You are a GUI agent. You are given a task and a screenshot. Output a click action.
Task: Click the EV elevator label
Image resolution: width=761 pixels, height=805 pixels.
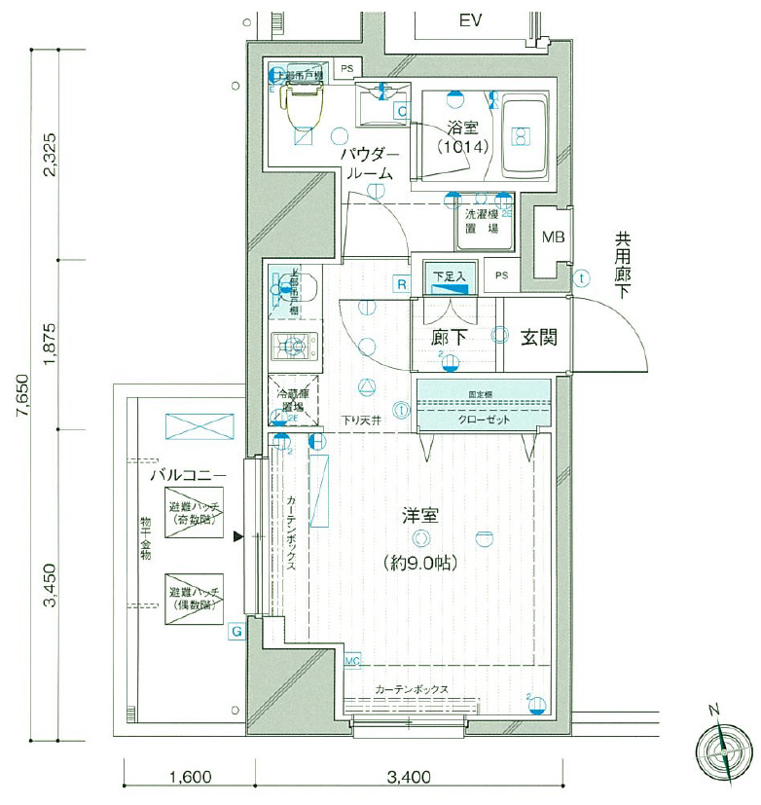click(x=471, y=20)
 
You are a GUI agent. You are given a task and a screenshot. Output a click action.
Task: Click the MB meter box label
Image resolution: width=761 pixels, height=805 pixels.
click(x=553, y=237)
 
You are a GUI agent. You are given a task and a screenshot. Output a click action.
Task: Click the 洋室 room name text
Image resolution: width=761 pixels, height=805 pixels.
click(x=419, y=515)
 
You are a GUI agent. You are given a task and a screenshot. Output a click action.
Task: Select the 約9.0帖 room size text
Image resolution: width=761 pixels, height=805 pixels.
click(x=419, y=563)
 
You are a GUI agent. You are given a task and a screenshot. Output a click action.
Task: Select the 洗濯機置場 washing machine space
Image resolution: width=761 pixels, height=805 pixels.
click(x=482, y=221)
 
